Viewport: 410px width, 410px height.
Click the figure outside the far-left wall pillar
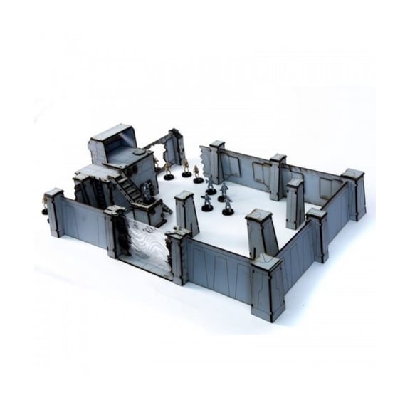pyautogui.click(x=45, y=206)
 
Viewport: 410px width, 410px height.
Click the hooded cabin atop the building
pyautogui.click(x=112, y=142)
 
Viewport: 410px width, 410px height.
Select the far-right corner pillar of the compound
pyautogui.click(x=354, y=193)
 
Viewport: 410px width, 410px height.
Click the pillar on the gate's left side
pyautogui.click(x=116, y=230)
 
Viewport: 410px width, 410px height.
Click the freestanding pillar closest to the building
pyautogui.click(x=187, y=212)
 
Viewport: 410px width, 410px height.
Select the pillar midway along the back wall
pyautogui.click(x=278, y=177)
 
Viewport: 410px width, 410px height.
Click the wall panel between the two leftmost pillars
pyautogui.click(x=83, y=221)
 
